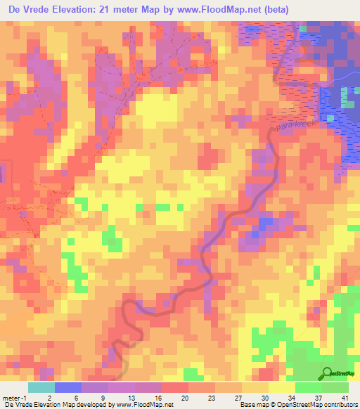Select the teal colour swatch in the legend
click(x=41, y=387)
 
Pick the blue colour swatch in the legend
click(x=68, y=387)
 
